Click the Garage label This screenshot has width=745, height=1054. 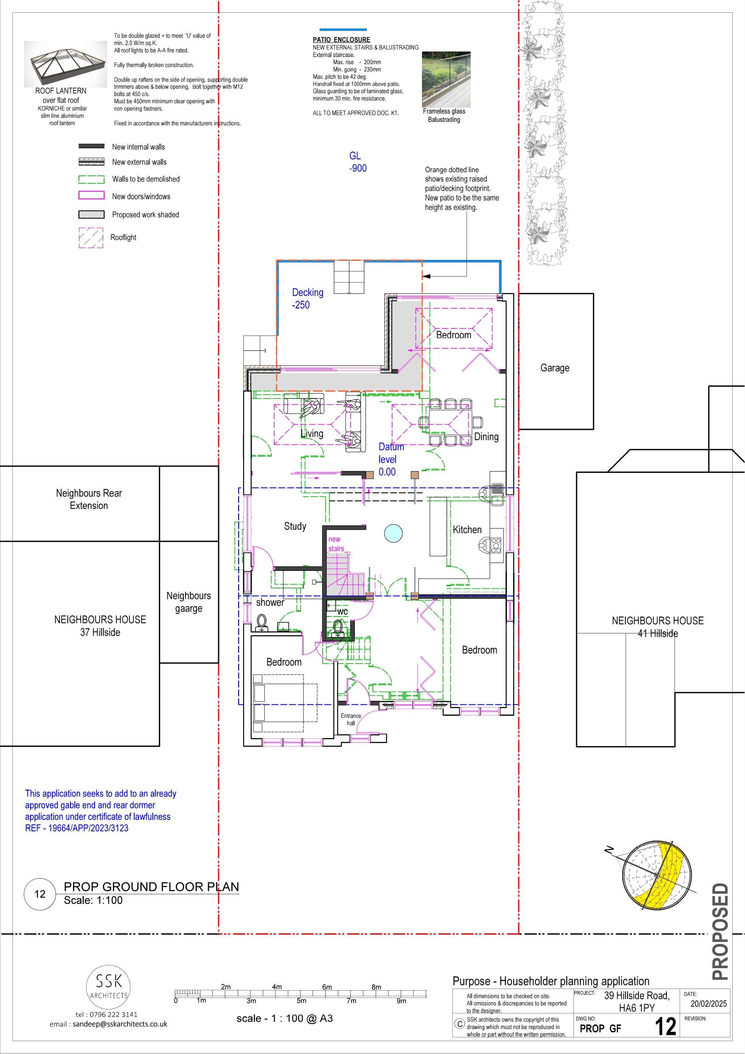(x=555, y=368)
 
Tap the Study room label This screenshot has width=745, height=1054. (x=295, y=526)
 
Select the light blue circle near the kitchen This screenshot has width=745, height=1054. (x=393, y=533)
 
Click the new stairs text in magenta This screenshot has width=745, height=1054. (x=335, y=543)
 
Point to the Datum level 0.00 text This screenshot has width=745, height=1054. (x=391, y=459)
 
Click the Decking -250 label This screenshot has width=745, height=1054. (x=307, y=298)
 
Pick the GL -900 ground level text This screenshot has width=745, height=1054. (x=357, y=162)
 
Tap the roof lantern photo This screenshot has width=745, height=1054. (x=61, y=63)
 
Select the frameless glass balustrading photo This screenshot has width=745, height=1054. (x=445, y=79)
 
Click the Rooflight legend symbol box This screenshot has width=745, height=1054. (x=91, y=238)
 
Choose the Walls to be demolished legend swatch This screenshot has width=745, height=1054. (x=91, y=179)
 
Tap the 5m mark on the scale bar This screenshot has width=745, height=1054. (x=301, y=1001)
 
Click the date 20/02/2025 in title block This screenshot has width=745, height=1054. (x=708, y=1003)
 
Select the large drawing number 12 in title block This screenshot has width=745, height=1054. (x=665, y=1027)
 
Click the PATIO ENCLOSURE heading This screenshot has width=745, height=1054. (x=341, y=40)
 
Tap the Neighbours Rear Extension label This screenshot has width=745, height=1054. (x=89, y=499)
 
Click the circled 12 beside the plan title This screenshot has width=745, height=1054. (x=40, y=894)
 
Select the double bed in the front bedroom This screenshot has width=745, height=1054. (x=284, y=703)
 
